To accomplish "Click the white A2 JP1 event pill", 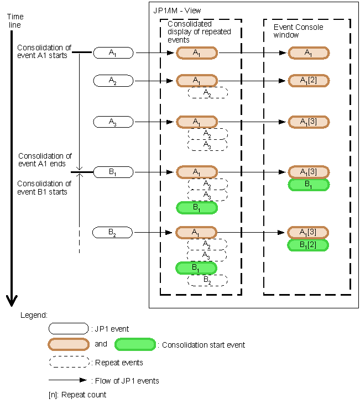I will click(113, 81).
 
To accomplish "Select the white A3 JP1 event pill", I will click(113, 122).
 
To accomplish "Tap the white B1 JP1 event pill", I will click(113, 172).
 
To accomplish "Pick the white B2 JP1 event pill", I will click(113, 232).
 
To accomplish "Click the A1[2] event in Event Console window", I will click(309, 81).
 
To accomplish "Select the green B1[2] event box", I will click(309, 245).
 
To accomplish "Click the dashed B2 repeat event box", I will click(207, 280).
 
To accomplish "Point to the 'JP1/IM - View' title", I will click(177, 11).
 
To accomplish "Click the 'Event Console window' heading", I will click(299, 31).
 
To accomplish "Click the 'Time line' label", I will click(15, 21).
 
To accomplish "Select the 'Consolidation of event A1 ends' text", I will click(45, 160).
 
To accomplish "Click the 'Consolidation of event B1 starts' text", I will click(45, 188).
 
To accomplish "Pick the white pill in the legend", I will click(69, 329).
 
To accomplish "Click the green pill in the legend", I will click(135, 344).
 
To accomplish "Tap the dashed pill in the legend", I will click(69, 363).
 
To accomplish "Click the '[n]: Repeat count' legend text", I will click(77, 395).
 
